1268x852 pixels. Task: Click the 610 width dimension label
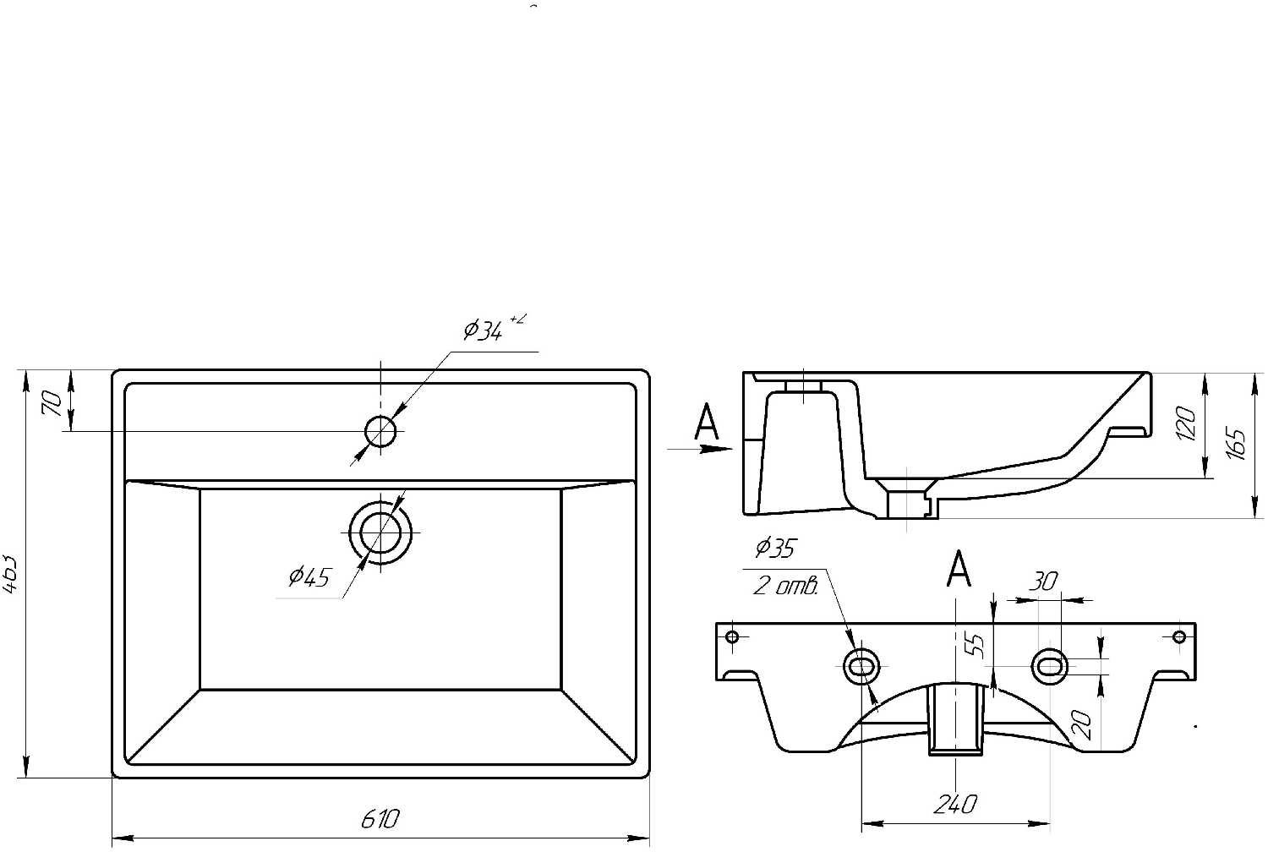tap(380, 819)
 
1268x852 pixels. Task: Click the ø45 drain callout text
tap(309, 577)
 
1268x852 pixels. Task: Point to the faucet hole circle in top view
tap(380, 432)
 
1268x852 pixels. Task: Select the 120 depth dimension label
tap(1187, 423)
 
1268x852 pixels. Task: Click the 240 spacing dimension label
tap(955, 804)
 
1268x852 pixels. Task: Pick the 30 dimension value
tap(1043, 582)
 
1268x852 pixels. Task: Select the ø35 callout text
tap(774, 549)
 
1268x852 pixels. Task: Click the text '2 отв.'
tap(784, 587)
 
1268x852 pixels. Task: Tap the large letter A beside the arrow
tap(706, 423)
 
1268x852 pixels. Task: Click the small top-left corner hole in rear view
tap(733, 636)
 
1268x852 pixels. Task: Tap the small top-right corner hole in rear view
tap(1179, 636)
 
